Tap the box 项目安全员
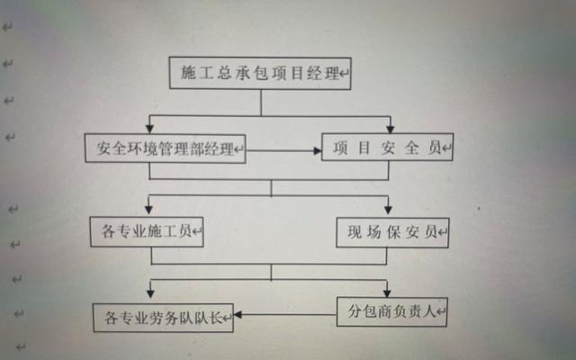pyautogui.click(x=386, y=147)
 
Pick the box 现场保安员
pyautogui.click(x=391, y=233)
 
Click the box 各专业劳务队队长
pyautogui.click(x=163, y=317)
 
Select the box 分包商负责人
pyautogui.click(x=391, y=312)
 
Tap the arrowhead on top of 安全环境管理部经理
pyautogui.click(x=149, y=129)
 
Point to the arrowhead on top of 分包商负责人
pyautogui.click(x=389, y=292)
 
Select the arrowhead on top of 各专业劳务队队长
pyautogui.click(x=149, y=297)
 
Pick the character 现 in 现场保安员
pyautogui.click(x=355, y=233)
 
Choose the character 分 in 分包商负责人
pyautogui.click(x=354, y=312)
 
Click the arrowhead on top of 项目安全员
pyautogui.click(x=389, y=129)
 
